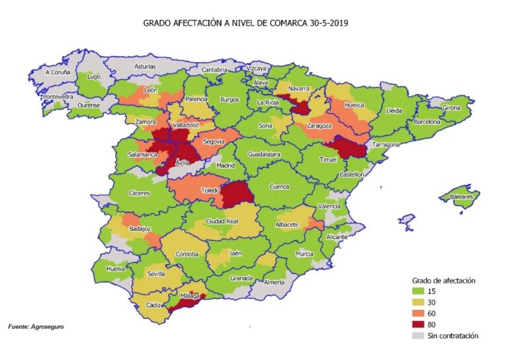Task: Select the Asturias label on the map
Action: (x=145, y=67)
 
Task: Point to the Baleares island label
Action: (x=461, y=197)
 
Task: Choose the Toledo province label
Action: (x=210, y=190)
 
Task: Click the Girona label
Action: (x=451, y=107)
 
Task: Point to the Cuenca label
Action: (x=279, y=187)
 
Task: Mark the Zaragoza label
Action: (x=318, y=126)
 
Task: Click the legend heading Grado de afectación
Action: (x=444, y=280)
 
